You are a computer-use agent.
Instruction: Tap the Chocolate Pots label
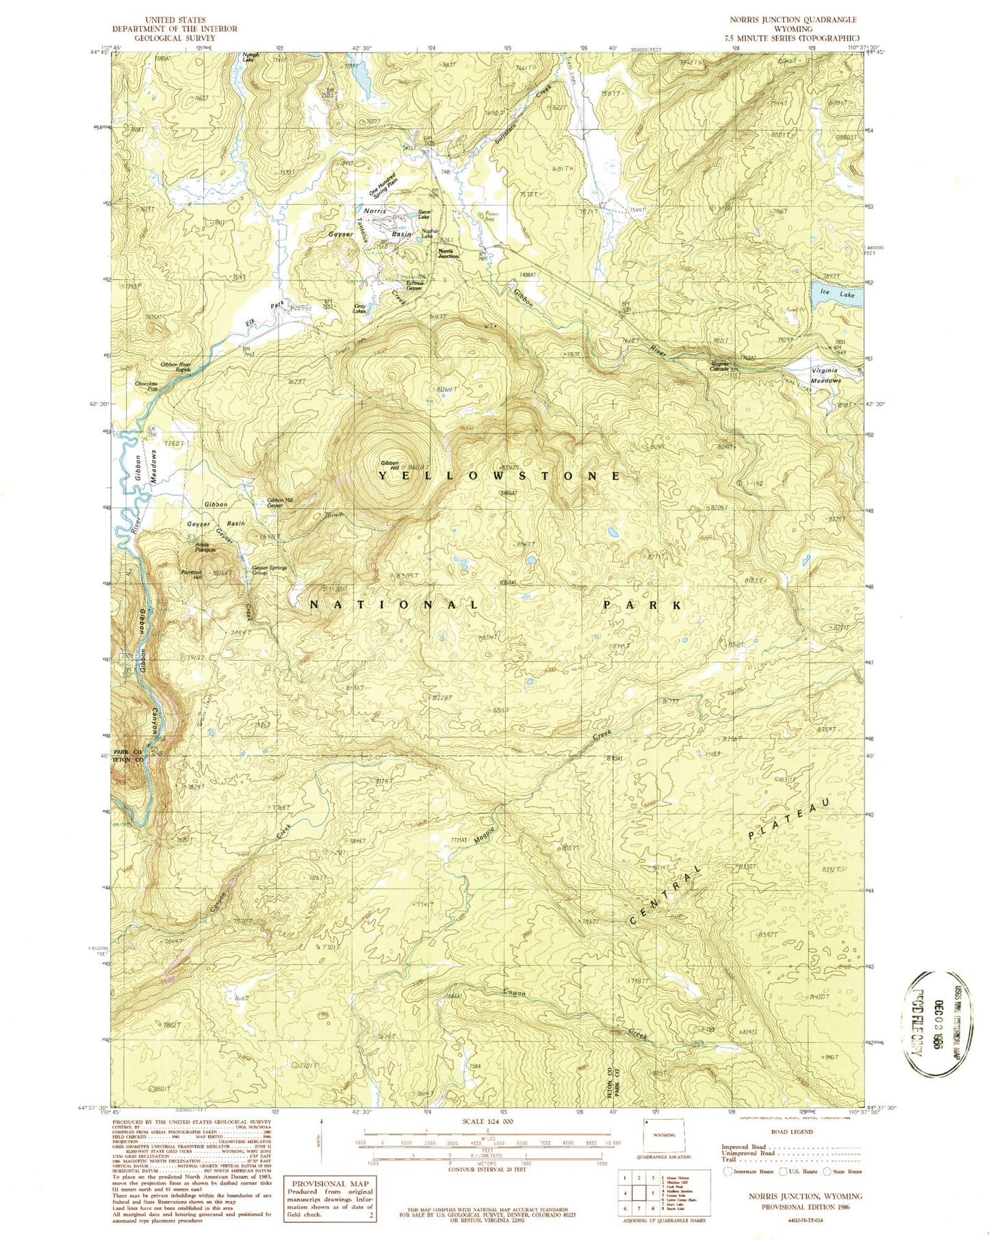[146, 386]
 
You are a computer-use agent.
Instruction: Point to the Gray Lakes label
[359, 309]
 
